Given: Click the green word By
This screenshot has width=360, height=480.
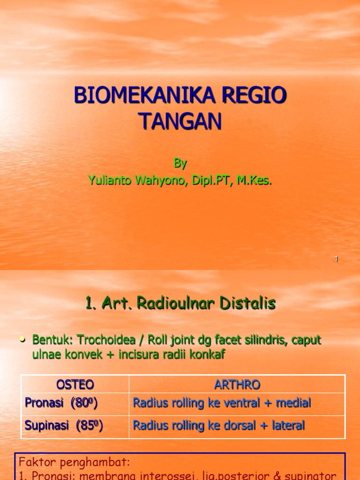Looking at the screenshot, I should [180, 164].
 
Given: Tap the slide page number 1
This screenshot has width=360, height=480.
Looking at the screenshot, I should [337, 259].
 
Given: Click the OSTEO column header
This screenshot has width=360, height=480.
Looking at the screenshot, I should [75, 385].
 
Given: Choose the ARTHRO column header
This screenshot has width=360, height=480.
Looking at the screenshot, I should [237, 385].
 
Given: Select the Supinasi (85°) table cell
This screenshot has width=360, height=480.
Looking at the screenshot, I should [64, 426].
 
